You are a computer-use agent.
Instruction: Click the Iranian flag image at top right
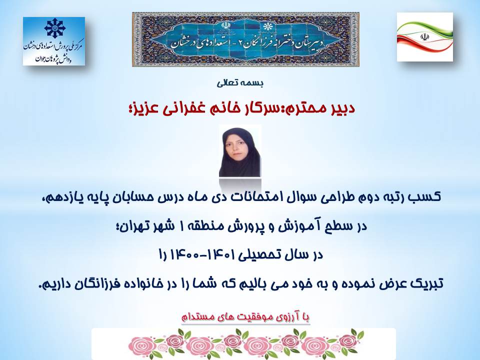click(424, 36)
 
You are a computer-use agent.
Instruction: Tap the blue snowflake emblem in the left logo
click(55, 28)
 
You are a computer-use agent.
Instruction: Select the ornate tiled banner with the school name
click(245, 39)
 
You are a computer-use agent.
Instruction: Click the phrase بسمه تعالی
click(240, 83)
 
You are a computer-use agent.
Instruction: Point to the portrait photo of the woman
click(240, 151)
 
